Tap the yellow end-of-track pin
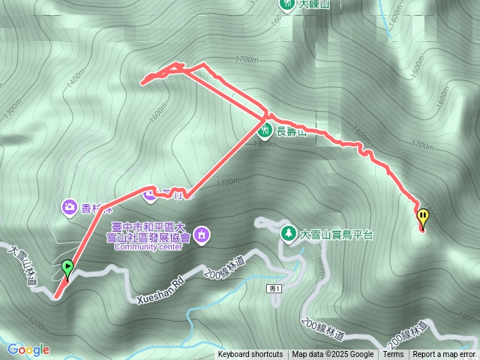[x=423, y=218]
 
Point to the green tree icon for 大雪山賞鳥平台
[x=288, y=234]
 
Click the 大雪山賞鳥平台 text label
[x=336, y=235]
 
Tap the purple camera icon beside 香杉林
[x=69, y=205]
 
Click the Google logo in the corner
[x=28, y=349]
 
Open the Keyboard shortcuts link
[x=250, y=355]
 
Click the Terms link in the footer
[x=393, y=355]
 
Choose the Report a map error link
[x=444, y=355]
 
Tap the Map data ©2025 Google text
[x=333, y=355]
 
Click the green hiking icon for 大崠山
[x=286, y=4]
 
